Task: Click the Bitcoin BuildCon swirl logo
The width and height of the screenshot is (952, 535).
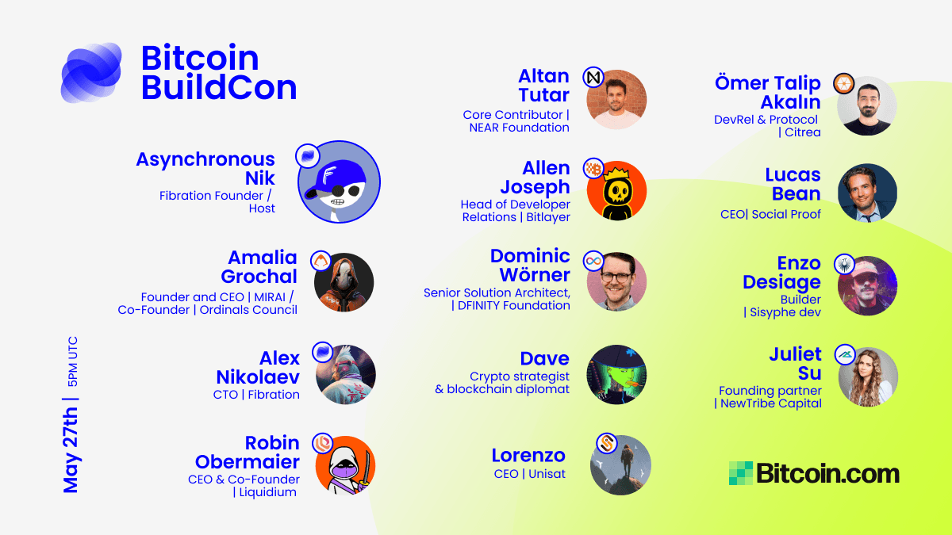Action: (x=91, y=73)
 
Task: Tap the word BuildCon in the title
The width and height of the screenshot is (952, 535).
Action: (x=219, y=87)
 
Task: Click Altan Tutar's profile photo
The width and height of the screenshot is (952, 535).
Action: (x=616, y=100)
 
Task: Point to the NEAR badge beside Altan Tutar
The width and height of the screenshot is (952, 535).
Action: (x=593, y=77)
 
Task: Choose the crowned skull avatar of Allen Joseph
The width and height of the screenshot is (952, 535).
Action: (x=616, y=191)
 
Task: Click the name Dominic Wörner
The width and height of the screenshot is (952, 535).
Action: (x=530, y=266)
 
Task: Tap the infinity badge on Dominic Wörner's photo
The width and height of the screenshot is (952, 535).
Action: (x=593, y=260)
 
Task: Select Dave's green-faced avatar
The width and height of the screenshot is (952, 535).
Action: (x=616, y=374)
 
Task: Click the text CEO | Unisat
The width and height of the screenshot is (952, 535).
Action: (x=529, y=474)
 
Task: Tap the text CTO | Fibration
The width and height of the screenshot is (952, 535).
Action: (x=256, y=394)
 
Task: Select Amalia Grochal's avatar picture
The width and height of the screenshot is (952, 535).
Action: (x=344, y=282)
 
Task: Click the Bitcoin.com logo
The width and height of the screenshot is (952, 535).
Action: (x=814, y=473)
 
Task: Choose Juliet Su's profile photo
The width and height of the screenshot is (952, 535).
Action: (x=868, y=376)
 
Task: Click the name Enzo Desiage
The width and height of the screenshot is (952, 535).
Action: (x=781, y=273)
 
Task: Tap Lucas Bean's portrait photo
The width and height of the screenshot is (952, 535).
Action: (x=867, y=193)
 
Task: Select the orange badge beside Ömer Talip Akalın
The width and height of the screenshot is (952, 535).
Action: (x=843, y=83)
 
